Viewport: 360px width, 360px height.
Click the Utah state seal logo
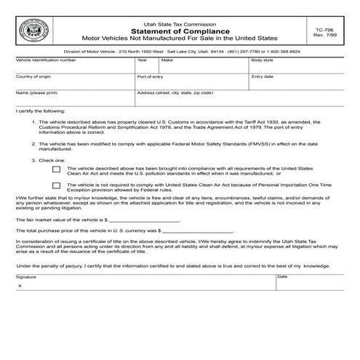[x=33, y=31]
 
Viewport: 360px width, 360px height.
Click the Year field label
[x=142, y=60]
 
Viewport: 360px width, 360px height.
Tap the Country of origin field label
[x=33, y=76]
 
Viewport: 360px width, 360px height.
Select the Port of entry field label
[x=150, y=76]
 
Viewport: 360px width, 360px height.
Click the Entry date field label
[x=263, y=76]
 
